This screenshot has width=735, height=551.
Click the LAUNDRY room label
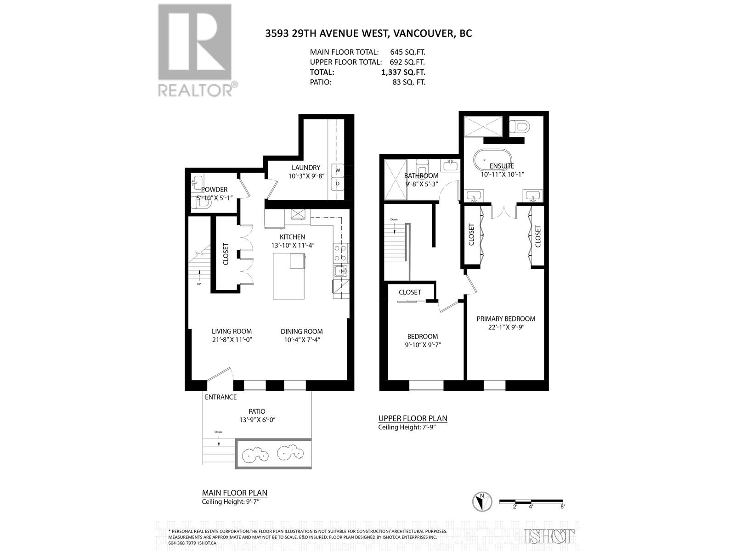pos(305,168)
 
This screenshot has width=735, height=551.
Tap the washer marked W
pos(338,170)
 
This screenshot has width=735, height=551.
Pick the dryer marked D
pos(338,184)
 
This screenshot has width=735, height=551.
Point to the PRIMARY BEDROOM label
pos(505,319)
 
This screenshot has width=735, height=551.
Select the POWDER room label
pos(215,189)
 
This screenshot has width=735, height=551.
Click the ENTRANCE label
pos(221,397)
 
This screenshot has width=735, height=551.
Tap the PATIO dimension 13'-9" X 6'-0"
pos(257,420)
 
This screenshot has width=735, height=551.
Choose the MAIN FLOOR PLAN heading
pos(234,493)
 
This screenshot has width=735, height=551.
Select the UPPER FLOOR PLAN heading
pos(413,418)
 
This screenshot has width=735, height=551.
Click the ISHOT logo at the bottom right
pos(550,536)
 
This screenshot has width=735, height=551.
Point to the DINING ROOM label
pos(302,331)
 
